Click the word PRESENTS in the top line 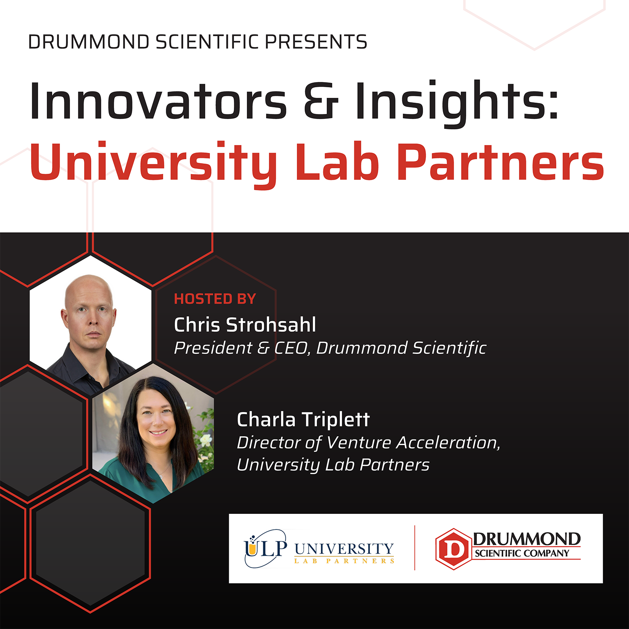316,42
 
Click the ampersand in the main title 321,101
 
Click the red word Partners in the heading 500,162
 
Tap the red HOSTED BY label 215,299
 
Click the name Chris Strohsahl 245,325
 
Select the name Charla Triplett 303,419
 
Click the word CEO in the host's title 291,348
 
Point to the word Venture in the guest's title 359,443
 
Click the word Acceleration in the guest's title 448,443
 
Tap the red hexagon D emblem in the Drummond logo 453,549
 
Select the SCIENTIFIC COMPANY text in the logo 522,554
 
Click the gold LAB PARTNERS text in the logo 344,561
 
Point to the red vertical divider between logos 415,548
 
